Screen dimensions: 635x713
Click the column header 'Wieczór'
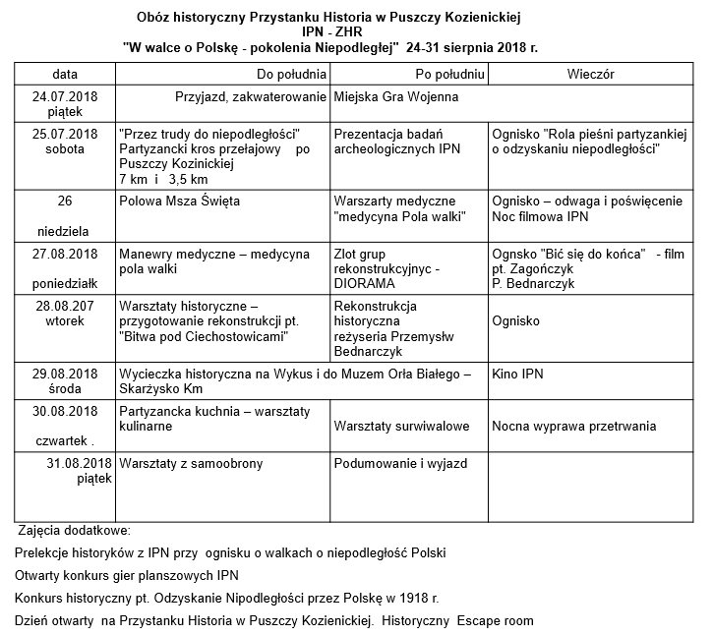591,74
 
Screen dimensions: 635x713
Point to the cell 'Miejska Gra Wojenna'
396,98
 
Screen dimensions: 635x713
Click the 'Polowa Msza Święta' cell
179,201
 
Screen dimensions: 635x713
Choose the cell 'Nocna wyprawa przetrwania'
573,427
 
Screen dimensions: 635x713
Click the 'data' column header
65,74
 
